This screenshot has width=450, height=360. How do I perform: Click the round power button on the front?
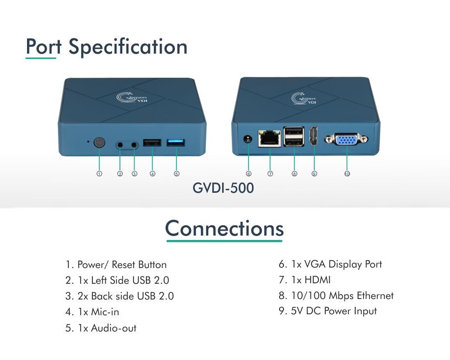tap(100, 143)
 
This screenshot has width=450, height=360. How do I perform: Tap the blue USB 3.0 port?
tap(176, 143)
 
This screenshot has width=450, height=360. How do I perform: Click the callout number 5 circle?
tap(176, 174)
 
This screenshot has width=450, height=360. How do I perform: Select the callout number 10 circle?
tap(347, 174)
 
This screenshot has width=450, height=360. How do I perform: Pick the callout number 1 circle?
tap(99, 174)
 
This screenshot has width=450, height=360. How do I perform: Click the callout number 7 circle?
tap(270, 174)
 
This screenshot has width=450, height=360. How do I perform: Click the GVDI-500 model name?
tap(224, 188)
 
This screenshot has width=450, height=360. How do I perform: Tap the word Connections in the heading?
tap(225, 229)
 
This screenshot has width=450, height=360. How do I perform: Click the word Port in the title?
tap(43, 47)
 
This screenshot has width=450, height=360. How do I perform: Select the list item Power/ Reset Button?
tap(116, 265)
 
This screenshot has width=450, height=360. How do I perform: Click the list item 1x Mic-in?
tap(92, 312)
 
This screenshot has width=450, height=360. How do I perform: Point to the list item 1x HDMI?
tap(305, 280)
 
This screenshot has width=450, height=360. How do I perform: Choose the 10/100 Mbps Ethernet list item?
tap(336, 296)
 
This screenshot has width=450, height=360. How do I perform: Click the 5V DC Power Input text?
tap(328, 311)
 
